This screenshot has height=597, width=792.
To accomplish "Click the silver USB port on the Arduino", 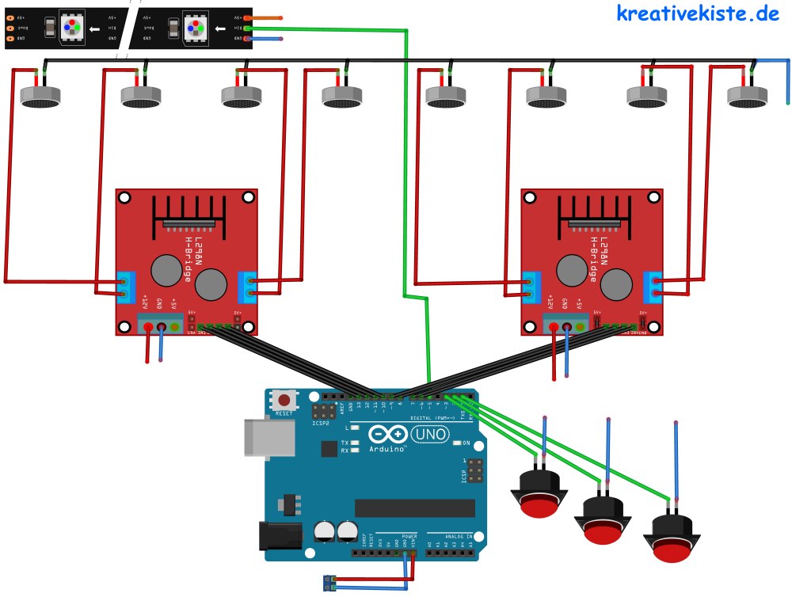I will click(x=261, y=436).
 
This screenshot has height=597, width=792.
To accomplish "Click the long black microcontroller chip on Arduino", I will click(x=413, y=508).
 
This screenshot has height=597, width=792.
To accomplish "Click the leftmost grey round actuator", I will click(x=40, y=97).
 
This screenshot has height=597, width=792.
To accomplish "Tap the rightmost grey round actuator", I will click(x=748, y=97).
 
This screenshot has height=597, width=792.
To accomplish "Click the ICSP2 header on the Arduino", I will click(x=322, y=412).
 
